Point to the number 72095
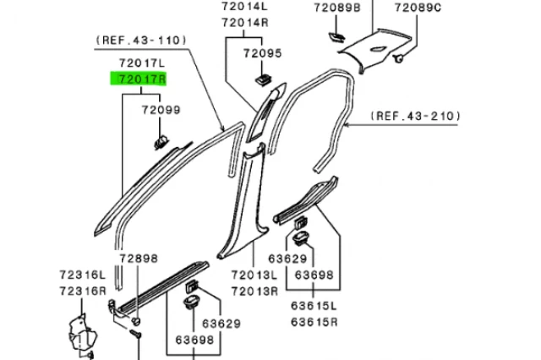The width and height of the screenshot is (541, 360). pos(262,53)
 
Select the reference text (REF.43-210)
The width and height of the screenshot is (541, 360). pos(413,116)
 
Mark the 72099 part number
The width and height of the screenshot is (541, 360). pos(161,111)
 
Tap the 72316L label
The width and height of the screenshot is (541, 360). pos(82,275)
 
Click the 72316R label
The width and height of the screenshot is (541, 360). pos(82,291)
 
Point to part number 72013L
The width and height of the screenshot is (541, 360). pos(256,275)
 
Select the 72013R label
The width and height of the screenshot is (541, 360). pos(256,291)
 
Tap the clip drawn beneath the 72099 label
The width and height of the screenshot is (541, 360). pos(160,137)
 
